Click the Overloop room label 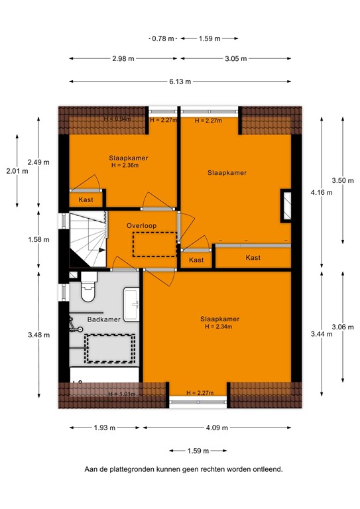(141, 226)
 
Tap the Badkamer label (104, 319)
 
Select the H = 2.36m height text (128, 166)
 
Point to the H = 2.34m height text (219, 326)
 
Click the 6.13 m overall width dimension (178, 82)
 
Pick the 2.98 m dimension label (123, 58)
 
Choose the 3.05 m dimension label (235, 58)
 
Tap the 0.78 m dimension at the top (163, 38)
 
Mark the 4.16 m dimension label (322, 192)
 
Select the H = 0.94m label (117, 119)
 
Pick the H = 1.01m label (121, 394)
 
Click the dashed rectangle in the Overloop (154, 244)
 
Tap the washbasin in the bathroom (133, 305)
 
